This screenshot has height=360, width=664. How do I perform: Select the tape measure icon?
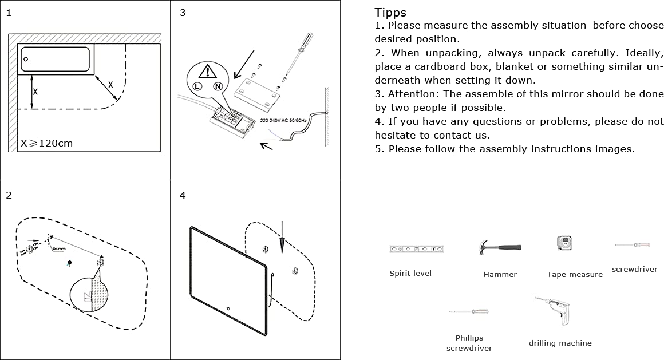(x=564, y=243)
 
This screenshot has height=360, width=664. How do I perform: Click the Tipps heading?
(x=390, y=13)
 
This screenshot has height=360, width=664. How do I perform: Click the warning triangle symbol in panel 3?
(x=207, y=71)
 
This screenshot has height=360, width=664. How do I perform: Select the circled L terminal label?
(x=197, y=86)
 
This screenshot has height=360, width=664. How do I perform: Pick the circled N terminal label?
(x=218, y=86)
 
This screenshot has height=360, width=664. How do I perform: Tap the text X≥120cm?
(x=47, y=143)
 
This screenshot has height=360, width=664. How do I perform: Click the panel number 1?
(x=9, y=13)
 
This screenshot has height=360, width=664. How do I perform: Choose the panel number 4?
(x=183, y=196)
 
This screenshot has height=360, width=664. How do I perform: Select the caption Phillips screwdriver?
(x=469, y=343)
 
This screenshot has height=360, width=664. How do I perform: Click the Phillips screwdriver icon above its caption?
(x=469, y=311)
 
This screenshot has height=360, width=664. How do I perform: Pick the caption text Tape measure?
(x=575, y=275)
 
